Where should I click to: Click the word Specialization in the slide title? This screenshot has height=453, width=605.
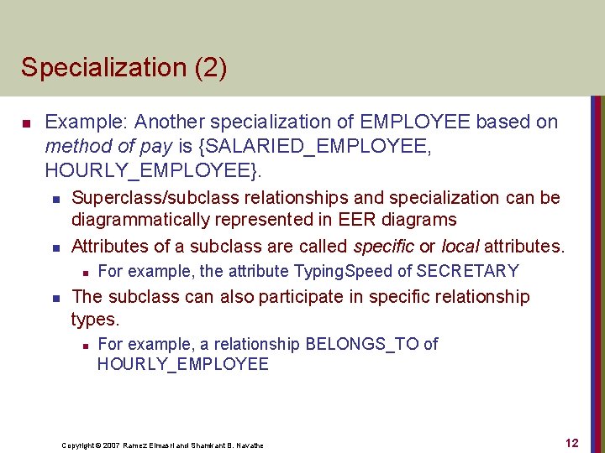click(x=98, y=67)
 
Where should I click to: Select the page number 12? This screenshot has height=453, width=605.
click(x=571, y=443)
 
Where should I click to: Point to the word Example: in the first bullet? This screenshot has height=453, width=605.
click(x=88, y=122)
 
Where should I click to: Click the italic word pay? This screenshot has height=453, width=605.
click(x=156, y=146)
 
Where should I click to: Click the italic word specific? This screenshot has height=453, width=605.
click(x=384, y=247)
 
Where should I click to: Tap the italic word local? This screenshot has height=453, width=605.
click(x=460, y=247)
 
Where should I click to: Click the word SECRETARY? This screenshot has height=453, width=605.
click(x=467, y=271)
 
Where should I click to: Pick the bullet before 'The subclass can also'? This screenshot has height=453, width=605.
click(x=53, y=298)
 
